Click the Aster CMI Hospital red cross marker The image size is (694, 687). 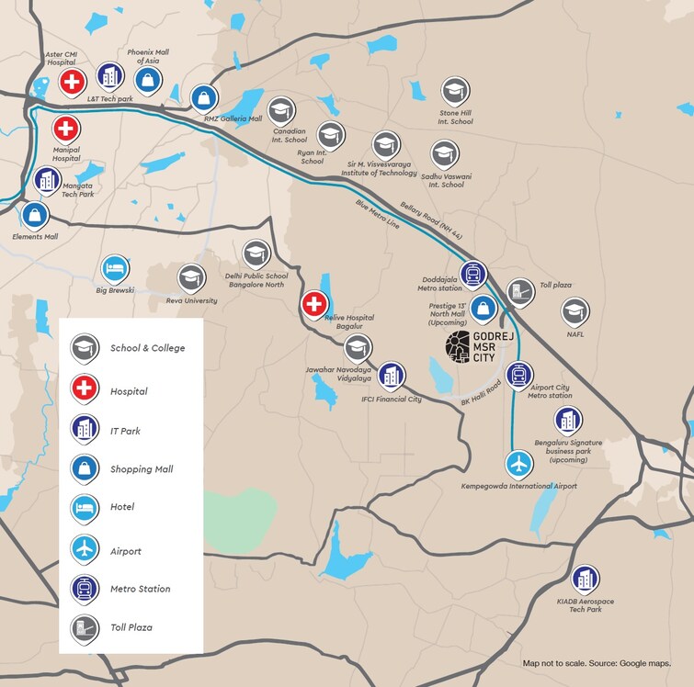click(x=73, y=82)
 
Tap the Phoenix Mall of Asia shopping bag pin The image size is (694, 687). click(x=147, y=80)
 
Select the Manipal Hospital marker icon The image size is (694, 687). click(x=65, y=129)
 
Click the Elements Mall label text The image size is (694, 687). click(x=35, y=237)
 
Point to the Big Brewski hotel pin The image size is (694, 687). click(x=115, y=268)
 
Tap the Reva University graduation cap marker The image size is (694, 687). click(x=192, y=276)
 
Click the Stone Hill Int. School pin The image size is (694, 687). click(x=455, y=91)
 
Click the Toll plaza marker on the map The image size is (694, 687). click(x=521, y=291)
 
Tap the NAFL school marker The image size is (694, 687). click(x=575, y=311)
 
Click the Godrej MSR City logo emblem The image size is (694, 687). click(x=457, y=346)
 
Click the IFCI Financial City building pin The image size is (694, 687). click(x=393, y=375)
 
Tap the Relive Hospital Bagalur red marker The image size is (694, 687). click(x=315, y=303)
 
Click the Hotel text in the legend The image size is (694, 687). click(x=122, y=507)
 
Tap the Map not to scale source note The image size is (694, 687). click(x=597, y=662)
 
